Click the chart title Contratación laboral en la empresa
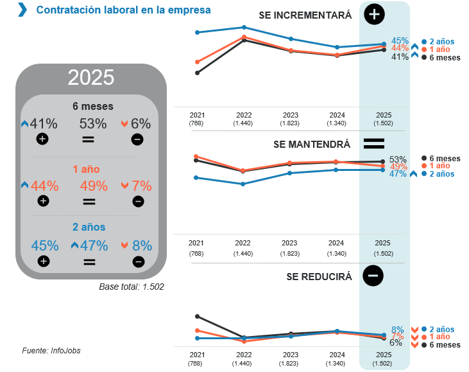point(123,10)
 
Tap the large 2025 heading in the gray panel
point(90,78)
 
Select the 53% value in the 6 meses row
point(93,124)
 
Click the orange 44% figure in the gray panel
point(44,186)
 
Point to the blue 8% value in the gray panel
point(142,245)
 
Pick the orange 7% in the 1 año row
point(142,186)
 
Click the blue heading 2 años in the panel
point(89,227)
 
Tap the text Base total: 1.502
point(132,287)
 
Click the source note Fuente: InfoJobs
point(51,350)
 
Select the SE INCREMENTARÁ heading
point(305,15)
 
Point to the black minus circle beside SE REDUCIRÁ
point(373,276)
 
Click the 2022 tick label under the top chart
point(243,114)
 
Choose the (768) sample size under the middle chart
point(196,254)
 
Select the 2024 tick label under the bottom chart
point(336,355)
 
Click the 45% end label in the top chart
point(400,40)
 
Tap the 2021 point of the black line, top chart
point(197,73)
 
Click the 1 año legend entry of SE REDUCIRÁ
point(439,337)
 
